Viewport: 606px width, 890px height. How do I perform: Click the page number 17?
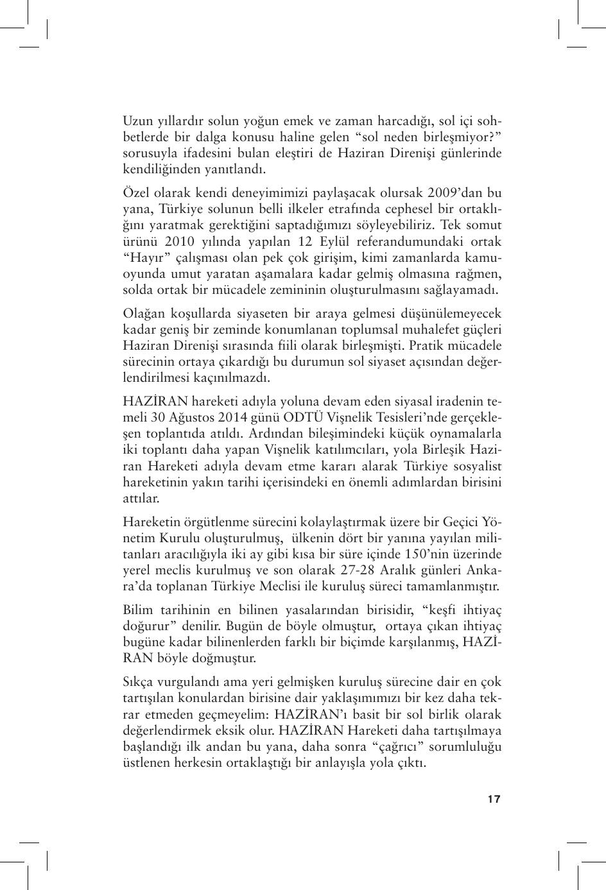point(493,799)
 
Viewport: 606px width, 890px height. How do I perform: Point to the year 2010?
point(178,241)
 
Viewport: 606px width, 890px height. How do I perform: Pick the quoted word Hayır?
point(144,257)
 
